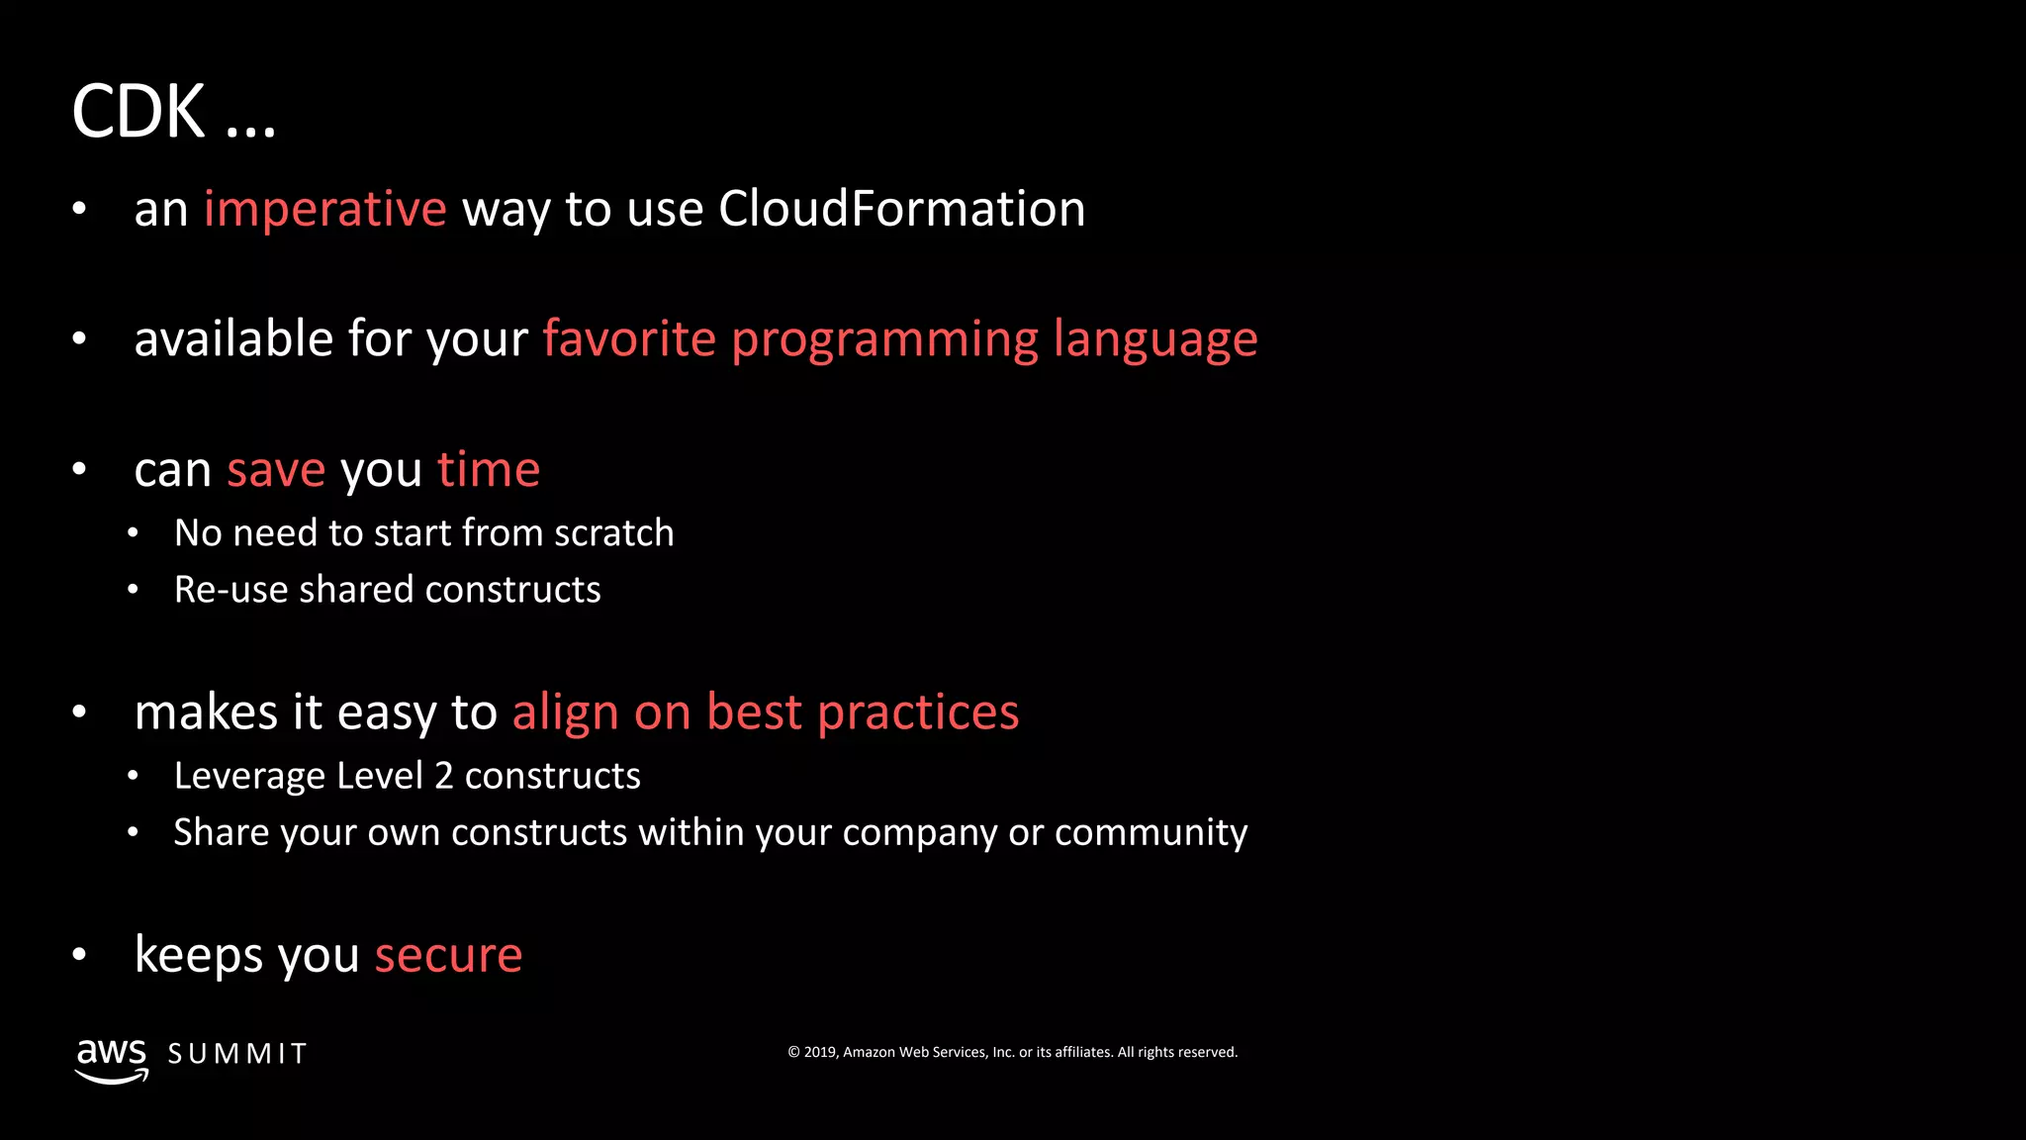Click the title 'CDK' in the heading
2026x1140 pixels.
138,111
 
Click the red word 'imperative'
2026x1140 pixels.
324,210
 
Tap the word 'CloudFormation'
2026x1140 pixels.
901,209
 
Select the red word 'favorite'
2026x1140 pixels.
629,339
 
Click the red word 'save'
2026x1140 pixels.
276,470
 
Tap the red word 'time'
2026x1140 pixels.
489,469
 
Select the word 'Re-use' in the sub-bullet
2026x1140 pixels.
230,590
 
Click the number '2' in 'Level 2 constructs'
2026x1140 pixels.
444,776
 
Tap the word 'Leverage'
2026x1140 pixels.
249,777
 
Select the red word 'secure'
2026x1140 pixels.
448,955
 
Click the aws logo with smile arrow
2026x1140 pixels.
112,1060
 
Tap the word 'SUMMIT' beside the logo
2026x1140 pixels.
237,1054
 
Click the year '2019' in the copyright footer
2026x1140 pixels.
819,1052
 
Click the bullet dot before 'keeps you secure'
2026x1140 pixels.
80,955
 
